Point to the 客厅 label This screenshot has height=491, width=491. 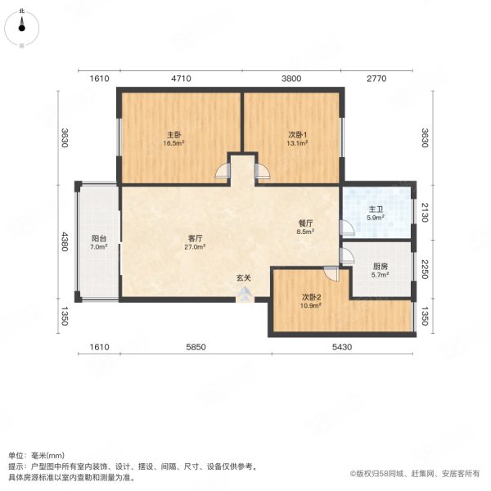tap(194, 238)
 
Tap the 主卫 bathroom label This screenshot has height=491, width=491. tap(375, 209)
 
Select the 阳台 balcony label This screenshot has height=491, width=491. tap(98, 238)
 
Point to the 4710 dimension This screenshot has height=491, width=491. tap(180, 79)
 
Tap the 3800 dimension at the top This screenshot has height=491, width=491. tap(291, 79)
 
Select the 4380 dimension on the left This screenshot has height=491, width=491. tap(63, 244)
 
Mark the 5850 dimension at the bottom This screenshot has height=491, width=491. tap(196, 347)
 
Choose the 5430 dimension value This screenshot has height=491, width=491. tap(341, 347)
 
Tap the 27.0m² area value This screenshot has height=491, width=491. tap(194, 246)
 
